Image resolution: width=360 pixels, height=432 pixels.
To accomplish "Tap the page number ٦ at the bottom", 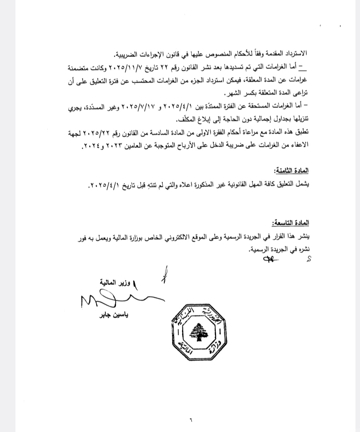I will (x=191, y=419).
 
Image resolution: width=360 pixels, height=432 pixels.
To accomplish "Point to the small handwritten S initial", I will (x=308, y=259).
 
